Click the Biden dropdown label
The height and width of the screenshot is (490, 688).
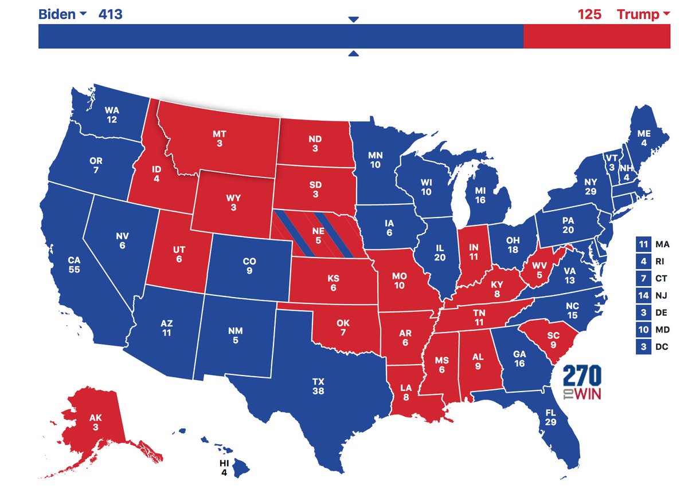coord(62,14)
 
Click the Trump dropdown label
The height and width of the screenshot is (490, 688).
coord(642,14)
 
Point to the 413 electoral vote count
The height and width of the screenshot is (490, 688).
coord(110,14)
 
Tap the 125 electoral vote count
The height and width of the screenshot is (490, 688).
coord(589,14)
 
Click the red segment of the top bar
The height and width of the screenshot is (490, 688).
coord(596,36)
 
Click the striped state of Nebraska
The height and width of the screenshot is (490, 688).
coord(321,235)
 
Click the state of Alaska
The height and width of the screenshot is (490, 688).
coord(95,422)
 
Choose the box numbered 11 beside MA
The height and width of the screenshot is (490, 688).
coord(642,244)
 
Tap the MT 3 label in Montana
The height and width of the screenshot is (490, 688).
coord(220,139)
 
